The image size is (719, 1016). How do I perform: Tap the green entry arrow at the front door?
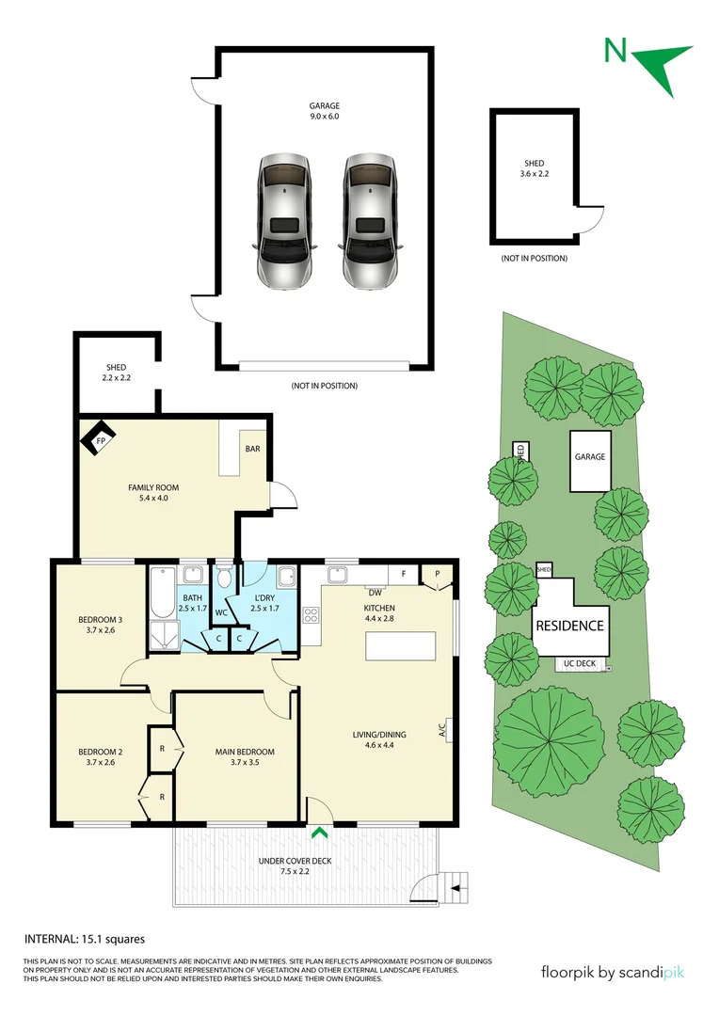[x=320, y=832]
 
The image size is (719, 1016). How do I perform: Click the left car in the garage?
[x=284, y=222]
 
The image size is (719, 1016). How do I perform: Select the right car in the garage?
[x=369, y=222]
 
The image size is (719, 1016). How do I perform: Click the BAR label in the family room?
[x=252, y=449]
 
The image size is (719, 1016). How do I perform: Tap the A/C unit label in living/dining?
[x=441, y=729]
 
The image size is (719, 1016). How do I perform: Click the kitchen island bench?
[x=401, y=647]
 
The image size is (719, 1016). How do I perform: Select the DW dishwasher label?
[x=374, y=593]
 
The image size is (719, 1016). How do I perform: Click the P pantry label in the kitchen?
[x=437, y=573]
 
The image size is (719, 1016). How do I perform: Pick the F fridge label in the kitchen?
[x=403, y=573]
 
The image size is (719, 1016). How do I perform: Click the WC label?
[x=221, y=613]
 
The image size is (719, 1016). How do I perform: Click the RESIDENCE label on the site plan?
[x=569, y=625]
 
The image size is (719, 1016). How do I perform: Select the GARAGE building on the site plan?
[x=590, y=458]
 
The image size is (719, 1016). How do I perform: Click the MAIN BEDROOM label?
[x=245, y=752]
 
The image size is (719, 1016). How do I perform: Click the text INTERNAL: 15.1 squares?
[x=84, y=939]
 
